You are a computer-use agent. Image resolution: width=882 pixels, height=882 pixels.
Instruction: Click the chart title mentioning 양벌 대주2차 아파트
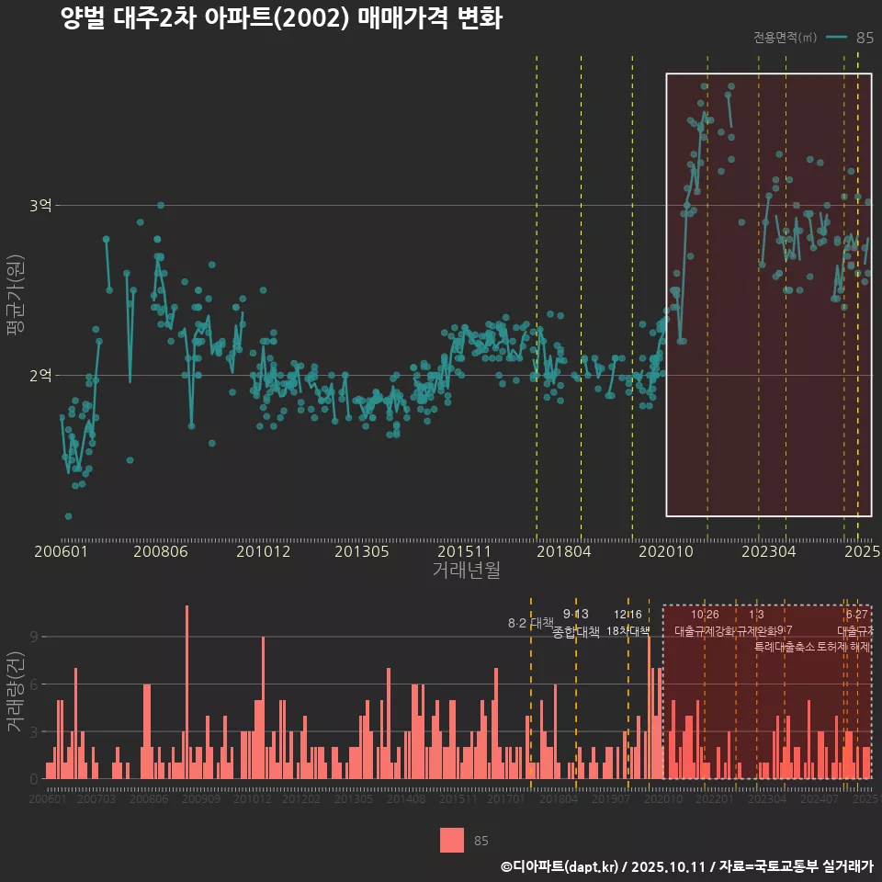pos(281,19)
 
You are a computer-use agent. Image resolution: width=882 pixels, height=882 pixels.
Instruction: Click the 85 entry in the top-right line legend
pos(864,38)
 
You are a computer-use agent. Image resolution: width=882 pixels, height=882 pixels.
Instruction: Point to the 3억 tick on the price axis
pos(40,206)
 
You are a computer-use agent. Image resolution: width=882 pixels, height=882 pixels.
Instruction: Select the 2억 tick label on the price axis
pos(40,375)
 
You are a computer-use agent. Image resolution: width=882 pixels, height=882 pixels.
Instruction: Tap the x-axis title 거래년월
pos(466,570)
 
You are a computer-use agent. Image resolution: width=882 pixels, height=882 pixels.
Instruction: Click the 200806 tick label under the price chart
pos(160,551)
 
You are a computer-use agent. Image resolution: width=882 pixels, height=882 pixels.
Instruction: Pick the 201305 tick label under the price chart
pos(361,551)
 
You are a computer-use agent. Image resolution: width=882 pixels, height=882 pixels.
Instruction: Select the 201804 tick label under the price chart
pos(563,551)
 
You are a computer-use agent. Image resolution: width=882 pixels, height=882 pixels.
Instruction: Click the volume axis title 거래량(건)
pos(15,691)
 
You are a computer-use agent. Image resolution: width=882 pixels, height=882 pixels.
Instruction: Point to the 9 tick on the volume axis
pos(33,636)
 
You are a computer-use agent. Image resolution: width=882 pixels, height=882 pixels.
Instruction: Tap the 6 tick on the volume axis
pos(33,684)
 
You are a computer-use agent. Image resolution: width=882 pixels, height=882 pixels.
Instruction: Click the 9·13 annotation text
pos(575,615)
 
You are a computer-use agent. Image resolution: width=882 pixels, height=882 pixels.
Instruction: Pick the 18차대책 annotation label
pos(628,631)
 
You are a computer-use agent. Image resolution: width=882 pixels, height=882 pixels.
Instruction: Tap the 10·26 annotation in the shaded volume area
pos(705,615)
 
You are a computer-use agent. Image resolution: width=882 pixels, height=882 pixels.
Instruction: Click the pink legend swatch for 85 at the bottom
pos(451,840)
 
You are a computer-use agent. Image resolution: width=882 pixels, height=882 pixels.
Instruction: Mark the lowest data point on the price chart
pos(68,516)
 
